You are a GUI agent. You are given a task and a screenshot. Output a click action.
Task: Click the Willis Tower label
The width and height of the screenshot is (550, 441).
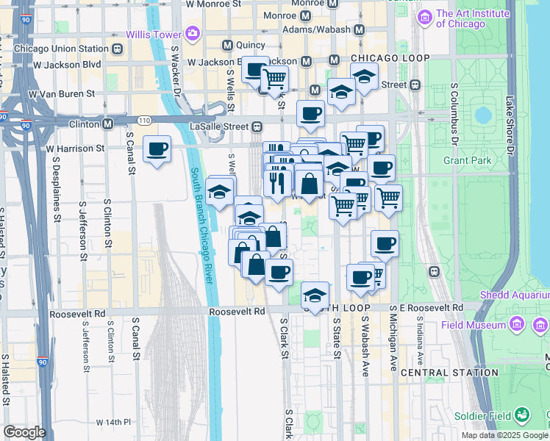156,33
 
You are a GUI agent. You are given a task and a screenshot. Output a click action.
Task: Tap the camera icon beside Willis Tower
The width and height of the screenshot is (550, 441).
193,33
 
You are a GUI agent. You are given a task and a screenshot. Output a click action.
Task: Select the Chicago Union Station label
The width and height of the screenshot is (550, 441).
61,49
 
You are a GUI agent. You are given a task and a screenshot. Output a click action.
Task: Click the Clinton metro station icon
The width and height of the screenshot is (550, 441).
107,123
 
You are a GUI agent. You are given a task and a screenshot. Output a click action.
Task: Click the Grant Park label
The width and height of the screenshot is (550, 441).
466,159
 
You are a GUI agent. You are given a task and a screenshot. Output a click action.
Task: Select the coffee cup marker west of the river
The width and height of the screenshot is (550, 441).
157,150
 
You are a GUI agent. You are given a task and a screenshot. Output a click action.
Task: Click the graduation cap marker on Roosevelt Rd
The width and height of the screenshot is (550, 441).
315,296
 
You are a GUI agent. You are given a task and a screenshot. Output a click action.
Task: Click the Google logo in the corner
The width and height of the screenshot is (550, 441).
24,432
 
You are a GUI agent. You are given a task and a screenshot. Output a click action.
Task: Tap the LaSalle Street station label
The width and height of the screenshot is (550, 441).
225,126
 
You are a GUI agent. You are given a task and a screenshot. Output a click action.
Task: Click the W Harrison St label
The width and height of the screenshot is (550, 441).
76,148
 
